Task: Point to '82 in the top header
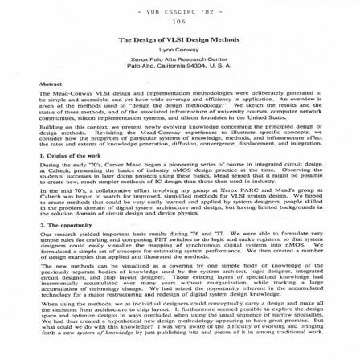pos(205,10)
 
